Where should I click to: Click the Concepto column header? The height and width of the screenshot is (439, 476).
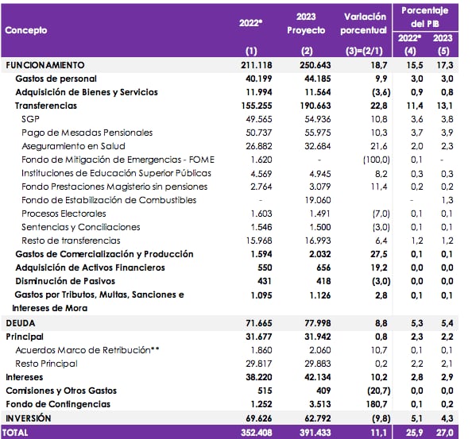tap(26, 30)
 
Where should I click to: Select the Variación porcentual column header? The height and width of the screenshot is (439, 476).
tap(365, 23)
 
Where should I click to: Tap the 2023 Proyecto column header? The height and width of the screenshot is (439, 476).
tap(306, 23)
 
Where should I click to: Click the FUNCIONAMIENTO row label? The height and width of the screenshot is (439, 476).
tap(45, 65)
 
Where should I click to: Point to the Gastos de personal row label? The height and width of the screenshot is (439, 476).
tap(56, 79)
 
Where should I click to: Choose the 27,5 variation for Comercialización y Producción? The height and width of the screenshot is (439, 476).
tap(377, 254)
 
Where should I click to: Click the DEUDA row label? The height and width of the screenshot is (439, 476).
tap(21, 323)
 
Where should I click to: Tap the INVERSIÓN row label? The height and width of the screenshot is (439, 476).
tap(29, 418)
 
